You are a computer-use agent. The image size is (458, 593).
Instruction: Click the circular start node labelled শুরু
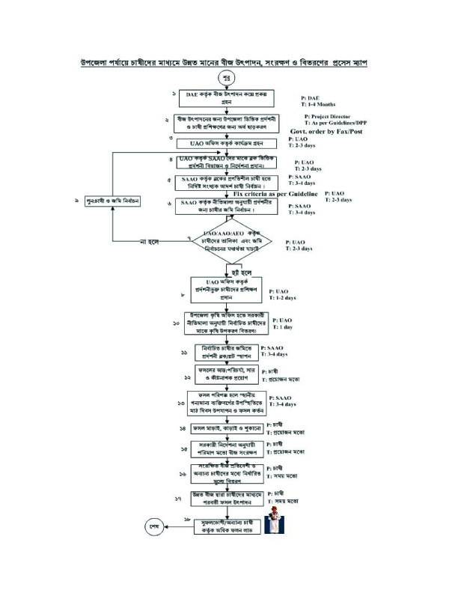point(226,77)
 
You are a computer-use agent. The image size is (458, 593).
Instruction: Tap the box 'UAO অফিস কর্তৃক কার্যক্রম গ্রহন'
point(227,142)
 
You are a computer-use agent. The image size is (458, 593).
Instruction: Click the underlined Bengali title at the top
point(228,63)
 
